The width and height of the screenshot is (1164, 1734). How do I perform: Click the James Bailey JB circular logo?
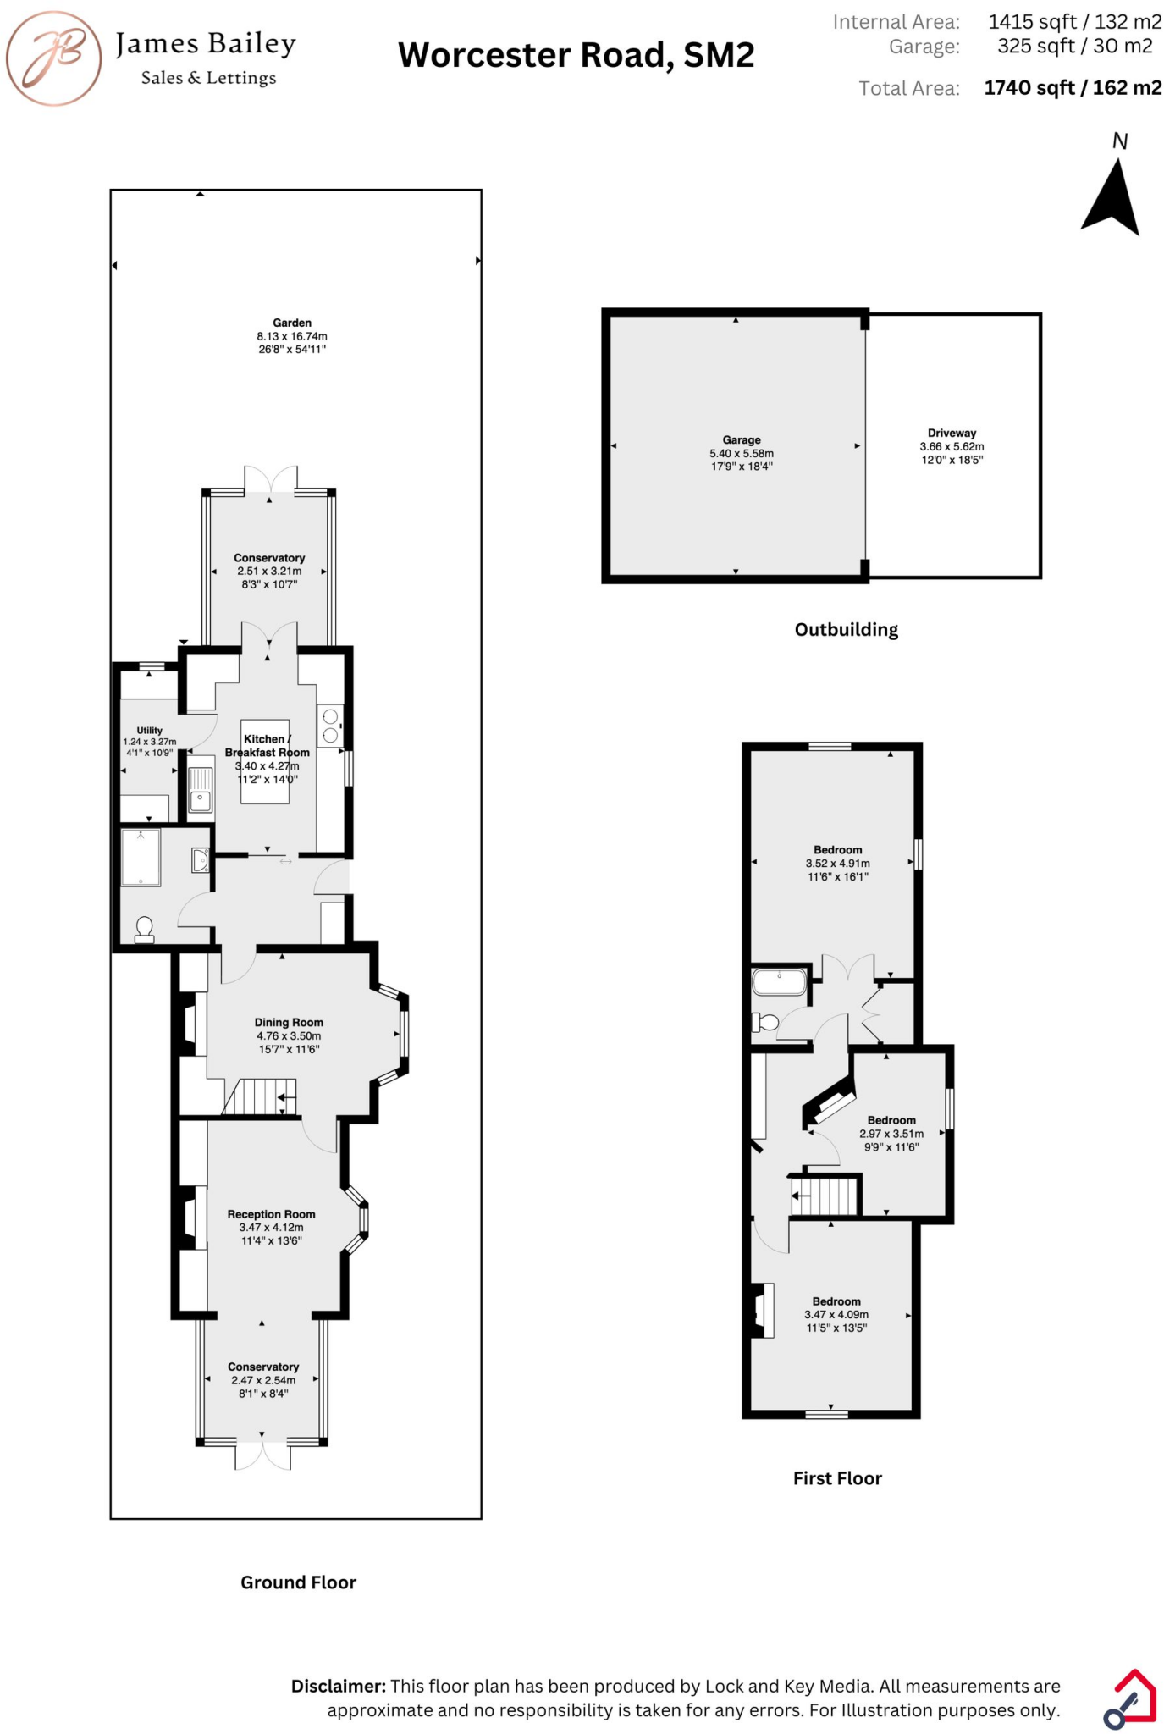[x=54, y=58]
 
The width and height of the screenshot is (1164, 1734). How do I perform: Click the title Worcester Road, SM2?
[x=576, y=56]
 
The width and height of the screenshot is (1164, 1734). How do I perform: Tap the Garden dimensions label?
[x=292, y=336]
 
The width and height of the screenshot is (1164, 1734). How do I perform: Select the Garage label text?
[x=742, y=440]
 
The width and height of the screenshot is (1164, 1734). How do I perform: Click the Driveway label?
[x=952, y=433]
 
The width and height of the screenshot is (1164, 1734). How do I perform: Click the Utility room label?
[x=150, y=731]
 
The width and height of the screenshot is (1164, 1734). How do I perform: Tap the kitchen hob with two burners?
[x=330, y=726]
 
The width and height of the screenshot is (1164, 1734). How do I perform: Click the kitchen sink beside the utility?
[x=201, y=790]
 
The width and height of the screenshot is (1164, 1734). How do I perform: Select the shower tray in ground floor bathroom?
[x=141, y=858]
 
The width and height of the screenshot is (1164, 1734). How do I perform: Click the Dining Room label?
[x=289, y=1023]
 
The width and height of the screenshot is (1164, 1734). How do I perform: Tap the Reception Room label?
[x=271, y=1214]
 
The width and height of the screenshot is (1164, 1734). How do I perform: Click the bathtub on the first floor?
[x=780, y=982]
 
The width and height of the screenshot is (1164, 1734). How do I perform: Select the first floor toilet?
[x=766, y=1023]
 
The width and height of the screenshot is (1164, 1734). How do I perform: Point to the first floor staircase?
[x=825, y=1197]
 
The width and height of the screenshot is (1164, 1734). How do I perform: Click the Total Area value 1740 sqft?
[x=1072, y=88]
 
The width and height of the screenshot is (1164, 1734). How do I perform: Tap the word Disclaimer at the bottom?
[x=339, y=1686]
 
